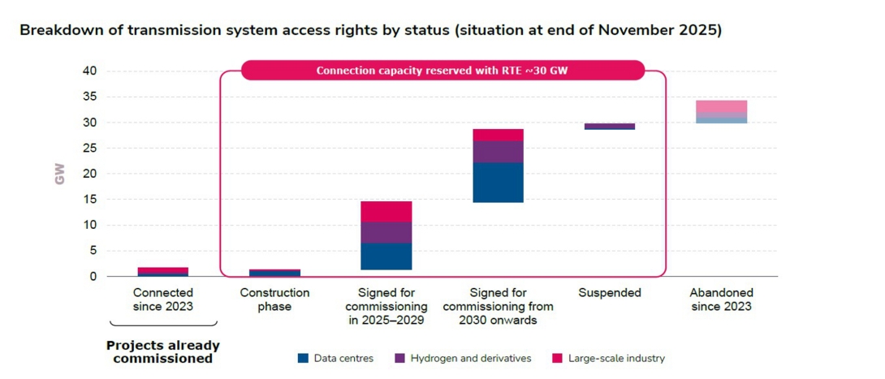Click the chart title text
370,30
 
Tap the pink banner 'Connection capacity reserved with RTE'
442,71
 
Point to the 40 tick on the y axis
89,71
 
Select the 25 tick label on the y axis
89,149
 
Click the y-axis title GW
59,174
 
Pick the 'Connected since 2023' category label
163,299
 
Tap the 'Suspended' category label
610,292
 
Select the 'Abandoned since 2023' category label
721,299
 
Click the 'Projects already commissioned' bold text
163,351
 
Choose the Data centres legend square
303,358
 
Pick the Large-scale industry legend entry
608,358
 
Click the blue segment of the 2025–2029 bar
386,256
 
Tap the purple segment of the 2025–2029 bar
386,232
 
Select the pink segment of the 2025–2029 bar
386,211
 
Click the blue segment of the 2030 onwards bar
498,182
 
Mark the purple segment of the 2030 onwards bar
498,152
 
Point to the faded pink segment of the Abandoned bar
721,106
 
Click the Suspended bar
610,126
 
